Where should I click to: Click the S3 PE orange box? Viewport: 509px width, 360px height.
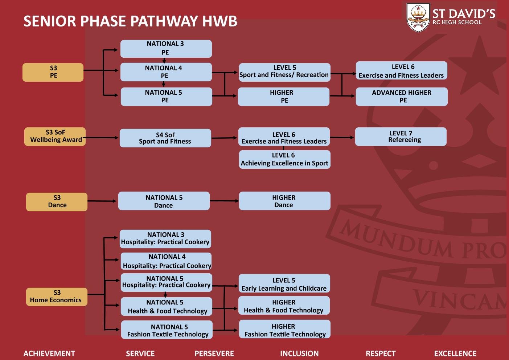click(53, 72)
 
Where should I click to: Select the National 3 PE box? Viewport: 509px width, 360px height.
click(166, 49)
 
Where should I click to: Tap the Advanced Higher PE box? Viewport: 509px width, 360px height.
click(402, 97)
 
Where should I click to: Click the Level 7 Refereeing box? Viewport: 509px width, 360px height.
click(401, 136)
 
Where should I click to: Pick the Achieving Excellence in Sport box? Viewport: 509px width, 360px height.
click(285, 159)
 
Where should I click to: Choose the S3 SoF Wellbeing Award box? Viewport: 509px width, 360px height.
click(55, 136)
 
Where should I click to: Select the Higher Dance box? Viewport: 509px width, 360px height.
click(285, 201)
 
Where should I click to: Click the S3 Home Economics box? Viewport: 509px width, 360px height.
click(57, 297)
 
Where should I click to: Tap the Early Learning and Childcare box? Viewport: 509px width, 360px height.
click(284, 283)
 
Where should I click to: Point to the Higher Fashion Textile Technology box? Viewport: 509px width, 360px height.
click(285, 329)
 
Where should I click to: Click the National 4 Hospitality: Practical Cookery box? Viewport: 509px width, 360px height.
click(166, 261)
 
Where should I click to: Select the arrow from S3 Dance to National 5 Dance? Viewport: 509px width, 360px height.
click(102, 201)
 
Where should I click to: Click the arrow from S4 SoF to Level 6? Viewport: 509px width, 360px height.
click(224, 138)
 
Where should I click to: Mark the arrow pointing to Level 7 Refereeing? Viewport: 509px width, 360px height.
click(342, 137)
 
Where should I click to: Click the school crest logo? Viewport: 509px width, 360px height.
click(418, 17)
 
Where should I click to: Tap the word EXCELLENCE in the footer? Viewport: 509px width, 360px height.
click(455, 353)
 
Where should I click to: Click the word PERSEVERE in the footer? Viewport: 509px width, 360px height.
click(214, 353)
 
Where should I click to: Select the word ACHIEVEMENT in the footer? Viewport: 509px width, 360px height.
click(49, 353)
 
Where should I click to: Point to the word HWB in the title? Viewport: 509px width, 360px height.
click(220, 21)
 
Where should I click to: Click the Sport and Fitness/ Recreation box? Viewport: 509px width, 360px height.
click(285, 72)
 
